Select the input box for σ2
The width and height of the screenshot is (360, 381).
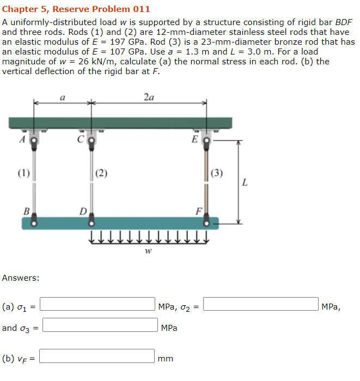tap(261, 304)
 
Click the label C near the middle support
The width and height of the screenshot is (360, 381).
tap(80, 138)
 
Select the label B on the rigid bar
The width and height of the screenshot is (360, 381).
tap(26, 211)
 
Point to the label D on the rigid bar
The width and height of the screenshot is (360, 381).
tap(83, 211)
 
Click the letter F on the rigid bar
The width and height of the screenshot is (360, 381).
tap(199, 211)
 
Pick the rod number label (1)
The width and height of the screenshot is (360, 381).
tap(23, 174)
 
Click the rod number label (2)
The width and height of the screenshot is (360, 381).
tap(102, 174)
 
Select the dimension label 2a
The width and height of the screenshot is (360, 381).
tap(149, 98)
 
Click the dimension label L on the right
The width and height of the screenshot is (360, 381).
tap(245, 183)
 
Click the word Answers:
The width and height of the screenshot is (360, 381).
tap(21, 278)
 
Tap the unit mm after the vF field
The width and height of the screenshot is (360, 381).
tap(166, 359)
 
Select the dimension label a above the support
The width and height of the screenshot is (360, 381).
tap(63, 98)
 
